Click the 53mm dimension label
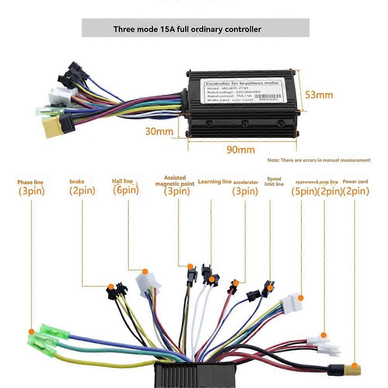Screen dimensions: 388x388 (319, 95)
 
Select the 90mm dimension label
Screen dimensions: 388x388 (240, 150)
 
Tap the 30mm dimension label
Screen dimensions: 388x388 (159, 131)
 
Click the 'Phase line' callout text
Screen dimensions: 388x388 (30, 182)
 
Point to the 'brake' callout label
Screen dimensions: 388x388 (77, 182)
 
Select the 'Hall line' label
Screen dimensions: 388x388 (122, 181)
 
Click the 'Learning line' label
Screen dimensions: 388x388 (215, 182)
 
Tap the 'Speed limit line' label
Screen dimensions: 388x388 (274, 181)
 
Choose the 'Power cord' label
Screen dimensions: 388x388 (355, 182)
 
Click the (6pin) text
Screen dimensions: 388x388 (126, 190)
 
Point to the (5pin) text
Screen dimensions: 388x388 (304, 191)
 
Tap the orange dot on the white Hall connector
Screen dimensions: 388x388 (145, 272)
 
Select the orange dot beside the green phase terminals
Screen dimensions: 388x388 (31, 331)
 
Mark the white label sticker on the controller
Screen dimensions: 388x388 (242, 91)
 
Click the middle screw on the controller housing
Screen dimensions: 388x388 (245, 123)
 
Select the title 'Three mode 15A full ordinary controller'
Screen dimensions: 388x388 (187, 29)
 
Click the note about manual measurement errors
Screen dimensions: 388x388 (319, 160)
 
